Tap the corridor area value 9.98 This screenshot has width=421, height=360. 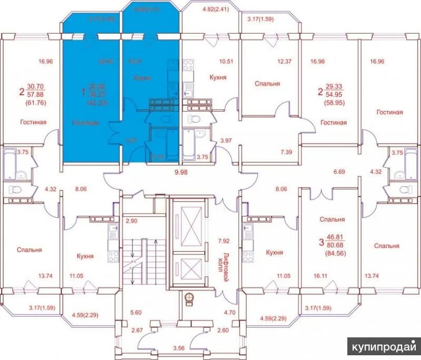pos(181,172)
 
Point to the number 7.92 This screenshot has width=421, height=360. pos(225,241)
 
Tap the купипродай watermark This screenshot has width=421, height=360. pos(384,348)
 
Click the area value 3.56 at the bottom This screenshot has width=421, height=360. pos(183,348)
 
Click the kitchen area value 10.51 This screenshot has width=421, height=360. pos(226,61)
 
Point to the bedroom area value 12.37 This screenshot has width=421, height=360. pos(284,61)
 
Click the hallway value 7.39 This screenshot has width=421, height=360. pos(286,152)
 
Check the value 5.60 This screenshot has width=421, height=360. pos(137,312)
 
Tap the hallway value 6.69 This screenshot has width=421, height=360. pos(339,172)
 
